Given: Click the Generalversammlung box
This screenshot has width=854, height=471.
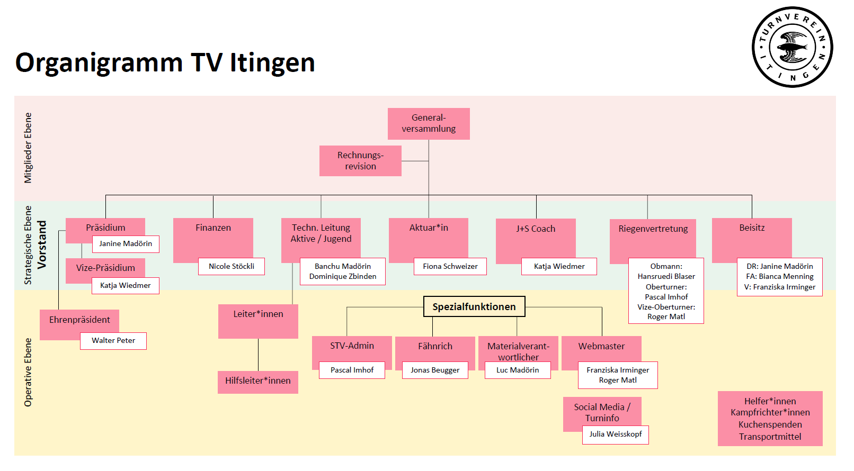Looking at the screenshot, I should (x=429, y=123).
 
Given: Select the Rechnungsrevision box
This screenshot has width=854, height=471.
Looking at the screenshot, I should (x=360, y=161).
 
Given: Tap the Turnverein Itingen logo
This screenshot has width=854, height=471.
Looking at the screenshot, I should (x=793, y=47).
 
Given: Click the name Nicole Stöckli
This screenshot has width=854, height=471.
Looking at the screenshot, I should (x=232, y=266).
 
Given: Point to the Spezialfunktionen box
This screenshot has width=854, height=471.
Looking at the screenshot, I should (x=474, y=306).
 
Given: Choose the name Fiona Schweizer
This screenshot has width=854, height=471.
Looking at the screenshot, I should (x=450, y=266).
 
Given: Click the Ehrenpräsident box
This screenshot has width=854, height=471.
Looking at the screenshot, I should (x=79, y=320).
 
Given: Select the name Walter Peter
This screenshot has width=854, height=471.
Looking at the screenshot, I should (x=113, y=340).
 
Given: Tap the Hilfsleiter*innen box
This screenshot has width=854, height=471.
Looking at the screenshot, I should (x=258, y=381).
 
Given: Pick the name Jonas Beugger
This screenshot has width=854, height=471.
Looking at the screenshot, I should (x=435, y=370).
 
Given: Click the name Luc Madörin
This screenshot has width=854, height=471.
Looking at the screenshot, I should (x=518, y=370).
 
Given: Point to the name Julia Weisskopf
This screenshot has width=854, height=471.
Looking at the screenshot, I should (x=616, y=434).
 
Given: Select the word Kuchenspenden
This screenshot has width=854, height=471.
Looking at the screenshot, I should (x=770, y=424).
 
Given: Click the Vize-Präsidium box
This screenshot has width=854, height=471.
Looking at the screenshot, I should (x=105, y=268).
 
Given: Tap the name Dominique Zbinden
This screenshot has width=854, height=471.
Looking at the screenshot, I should (x=343, y=276).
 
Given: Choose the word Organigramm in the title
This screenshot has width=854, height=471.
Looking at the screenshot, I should (x=99, y=62).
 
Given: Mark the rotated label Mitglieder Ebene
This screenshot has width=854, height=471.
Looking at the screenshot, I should (x=28, y=148).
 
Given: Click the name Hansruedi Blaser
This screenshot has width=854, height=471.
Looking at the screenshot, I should (x=666, y=276).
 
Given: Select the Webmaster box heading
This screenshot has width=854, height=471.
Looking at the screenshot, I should (x=601, y=346).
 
